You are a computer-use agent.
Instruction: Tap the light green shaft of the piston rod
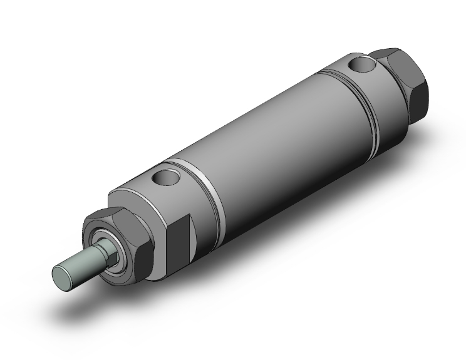[x=78, y=263]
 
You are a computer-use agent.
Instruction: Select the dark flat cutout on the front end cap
[x=178, y=231]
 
